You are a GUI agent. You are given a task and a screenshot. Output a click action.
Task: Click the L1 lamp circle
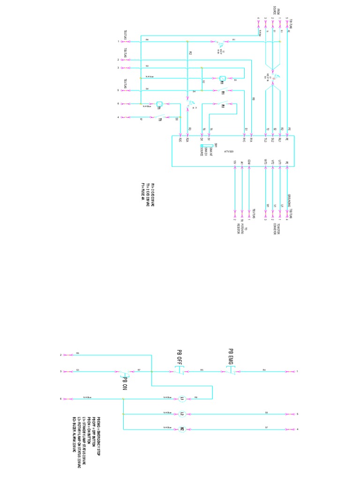coord(183,398)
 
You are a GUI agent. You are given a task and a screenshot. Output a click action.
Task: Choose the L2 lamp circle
coord(183,414)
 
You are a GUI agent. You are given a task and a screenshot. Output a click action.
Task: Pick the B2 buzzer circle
coord(183,428)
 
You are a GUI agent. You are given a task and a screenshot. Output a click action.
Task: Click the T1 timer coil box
coord(159,104)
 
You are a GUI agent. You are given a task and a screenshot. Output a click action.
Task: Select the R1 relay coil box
coord(223,78)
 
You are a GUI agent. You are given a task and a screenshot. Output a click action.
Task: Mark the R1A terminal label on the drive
coord(252,139)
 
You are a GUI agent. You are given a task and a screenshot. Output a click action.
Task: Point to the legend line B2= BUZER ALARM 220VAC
coord(74,432)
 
